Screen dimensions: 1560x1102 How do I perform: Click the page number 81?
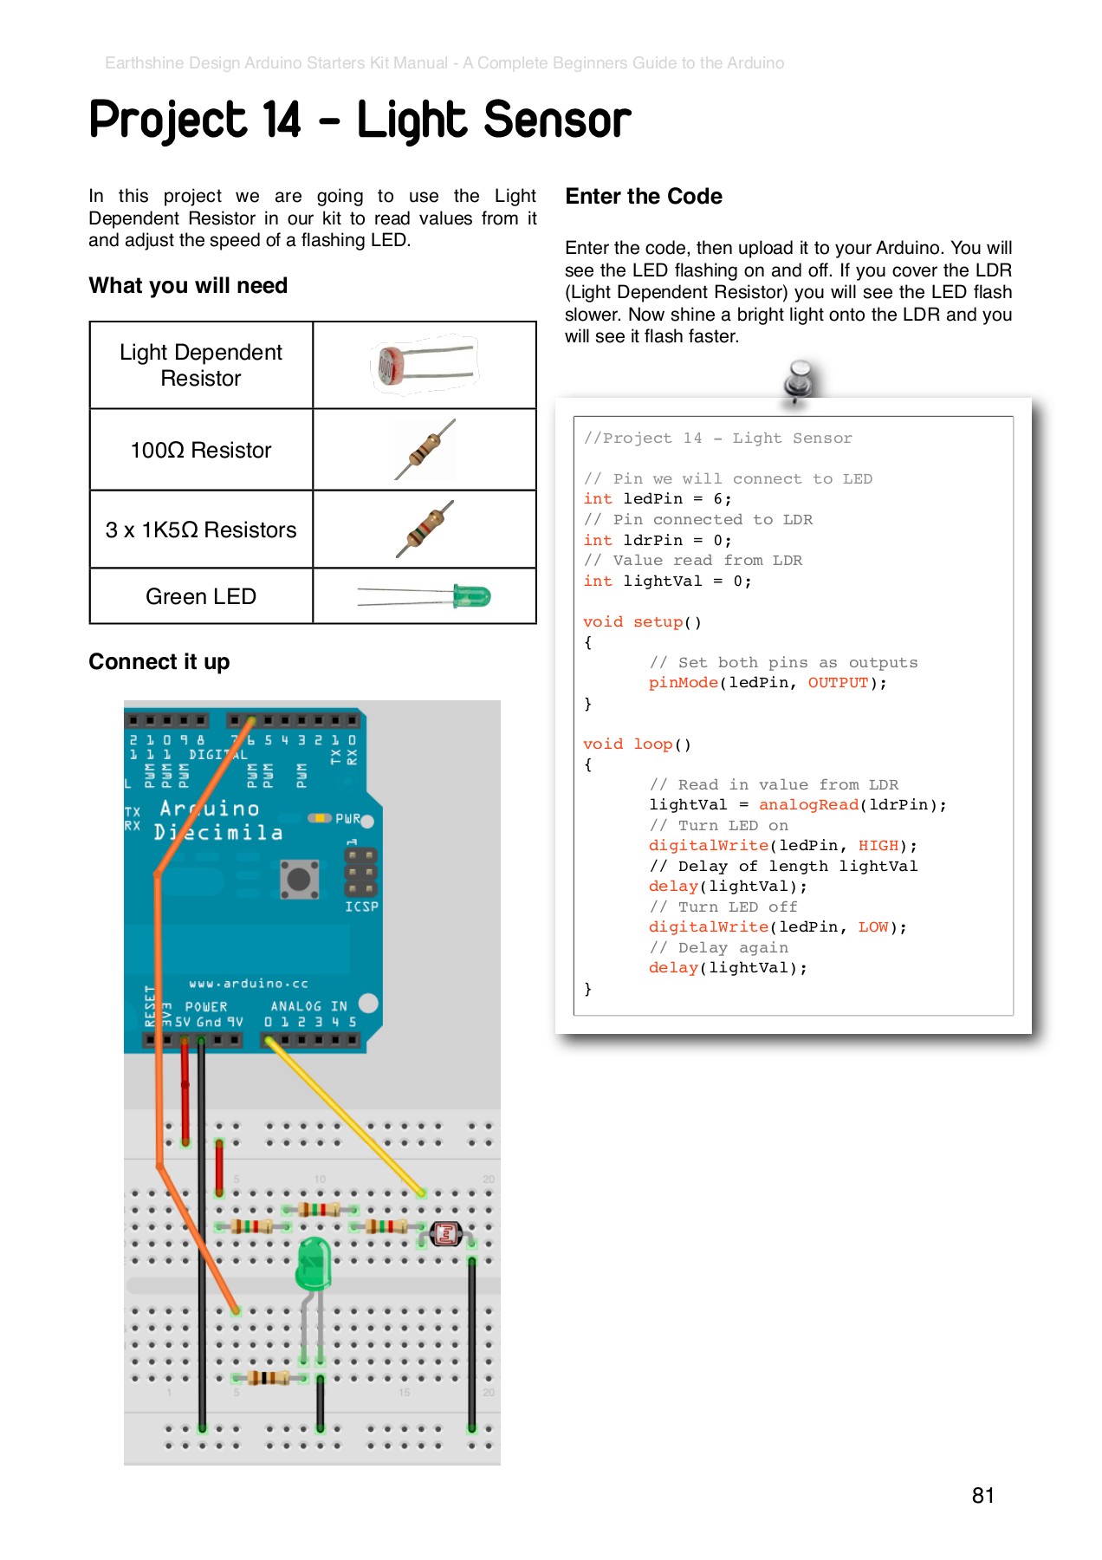(982, 1495)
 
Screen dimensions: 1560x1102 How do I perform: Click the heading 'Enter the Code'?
(644, 197)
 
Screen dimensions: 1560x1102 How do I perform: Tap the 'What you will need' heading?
(188, 286)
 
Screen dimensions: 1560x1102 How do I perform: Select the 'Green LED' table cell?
(201, 596)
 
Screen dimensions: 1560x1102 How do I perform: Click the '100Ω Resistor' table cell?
(201, 450)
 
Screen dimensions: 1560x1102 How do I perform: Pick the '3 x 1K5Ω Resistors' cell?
(201, 530)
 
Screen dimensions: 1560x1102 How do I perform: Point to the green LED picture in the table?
(425, 596)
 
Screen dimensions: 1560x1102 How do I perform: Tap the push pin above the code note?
(799, 381)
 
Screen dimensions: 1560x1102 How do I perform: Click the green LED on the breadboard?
(314, 1263)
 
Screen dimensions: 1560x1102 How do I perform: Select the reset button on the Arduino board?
(299, 880)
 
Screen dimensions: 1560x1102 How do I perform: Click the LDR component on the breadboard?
(445, 1233)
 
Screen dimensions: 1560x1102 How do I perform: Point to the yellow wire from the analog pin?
(347, 1117)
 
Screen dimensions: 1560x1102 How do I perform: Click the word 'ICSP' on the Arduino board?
(361, 907)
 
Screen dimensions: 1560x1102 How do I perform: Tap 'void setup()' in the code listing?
(642, 622)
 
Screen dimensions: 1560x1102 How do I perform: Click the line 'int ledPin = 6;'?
(657, 499)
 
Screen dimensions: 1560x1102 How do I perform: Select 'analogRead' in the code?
(808, 805)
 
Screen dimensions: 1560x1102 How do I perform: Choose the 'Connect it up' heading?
(159, 662)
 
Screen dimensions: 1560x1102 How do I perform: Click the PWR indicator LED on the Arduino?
(320, 818)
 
